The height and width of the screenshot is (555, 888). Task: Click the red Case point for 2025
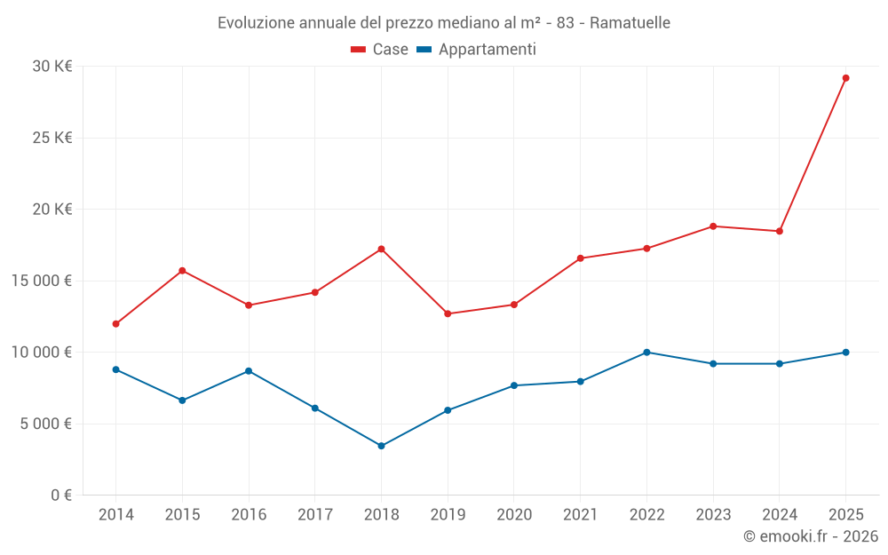[845, 78]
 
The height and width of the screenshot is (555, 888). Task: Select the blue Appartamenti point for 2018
[381, 446]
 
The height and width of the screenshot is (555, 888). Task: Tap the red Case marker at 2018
[381, 249]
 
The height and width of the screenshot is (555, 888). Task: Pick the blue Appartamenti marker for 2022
[646, 353]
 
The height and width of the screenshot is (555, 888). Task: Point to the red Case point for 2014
[116, 324]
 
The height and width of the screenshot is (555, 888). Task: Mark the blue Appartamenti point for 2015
[182, 400]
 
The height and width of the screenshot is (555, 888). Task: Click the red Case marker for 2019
[448, 313]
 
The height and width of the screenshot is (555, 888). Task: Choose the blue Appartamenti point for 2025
[845, 353]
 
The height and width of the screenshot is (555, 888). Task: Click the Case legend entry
[380, 50]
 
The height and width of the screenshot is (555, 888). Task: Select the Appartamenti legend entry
[477, 50]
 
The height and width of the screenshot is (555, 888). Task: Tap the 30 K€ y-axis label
[52, 67]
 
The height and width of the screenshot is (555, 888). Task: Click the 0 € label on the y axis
[61, 496]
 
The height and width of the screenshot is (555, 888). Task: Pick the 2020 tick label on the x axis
[513, 515]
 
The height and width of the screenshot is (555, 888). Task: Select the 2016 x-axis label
[249, 515]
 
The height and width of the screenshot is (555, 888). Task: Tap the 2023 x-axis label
[713, 515]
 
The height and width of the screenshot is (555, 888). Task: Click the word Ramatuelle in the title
[630, 22]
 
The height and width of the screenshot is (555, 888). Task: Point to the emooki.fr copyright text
[811, 536]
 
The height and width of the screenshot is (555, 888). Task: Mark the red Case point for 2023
[713, 226]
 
